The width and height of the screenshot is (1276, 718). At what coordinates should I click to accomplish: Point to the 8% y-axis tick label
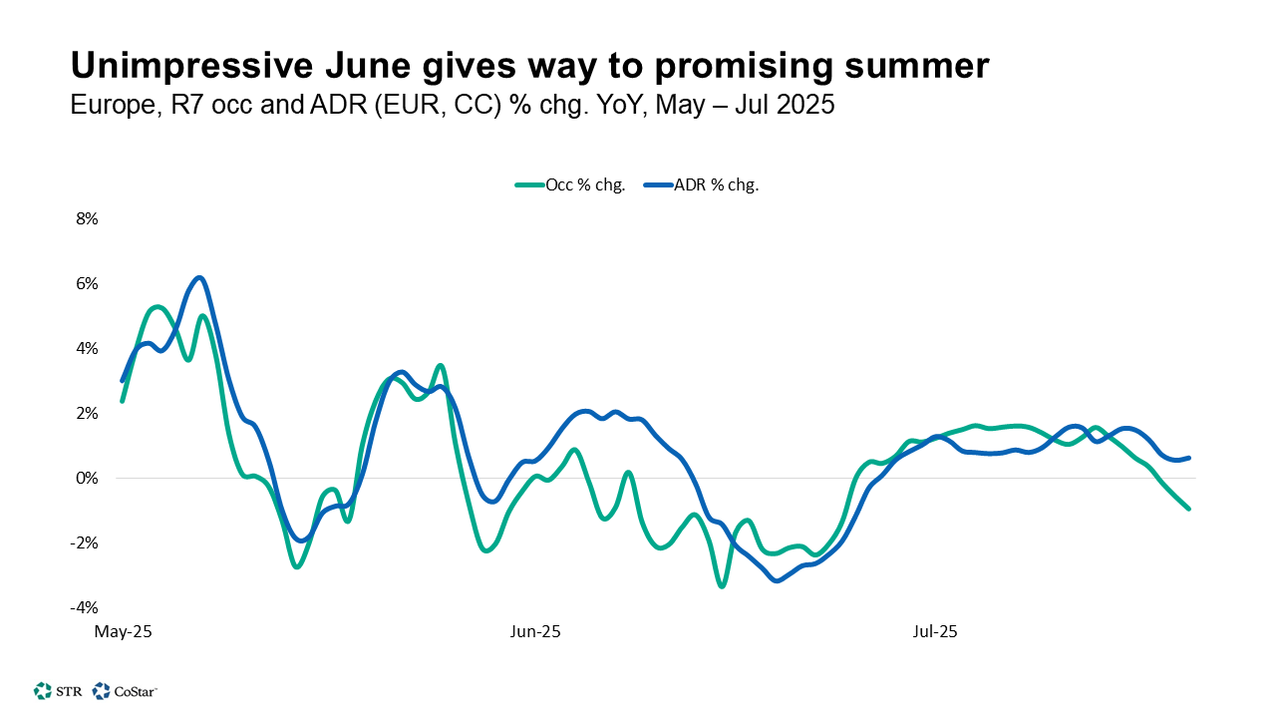pyautogui.click(x=87, y=219)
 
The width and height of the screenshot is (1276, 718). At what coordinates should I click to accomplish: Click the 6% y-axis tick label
pyautogui.click(x=87, y=284)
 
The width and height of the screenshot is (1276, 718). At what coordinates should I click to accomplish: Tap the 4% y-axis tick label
pyautogui.click(x=87, y=349)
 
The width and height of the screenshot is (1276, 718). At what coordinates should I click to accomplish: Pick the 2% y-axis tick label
pyautogui.click(x=87, y=414)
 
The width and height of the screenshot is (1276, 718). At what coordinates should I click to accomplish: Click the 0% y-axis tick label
pyautogui.click(x=87, y=479)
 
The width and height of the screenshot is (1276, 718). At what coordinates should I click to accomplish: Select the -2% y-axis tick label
pyautogui.click(x=85, y=543)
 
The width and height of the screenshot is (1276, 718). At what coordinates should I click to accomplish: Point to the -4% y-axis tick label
pyautogui.click(x=85, y=608)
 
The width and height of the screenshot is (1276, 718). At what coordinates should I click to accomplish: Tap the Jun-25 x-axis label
pyautogui.click(x=535, y=632)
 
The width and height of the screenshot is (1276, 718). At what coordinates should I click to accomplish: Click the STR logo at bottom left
pyautogui.click(x=57, y=690)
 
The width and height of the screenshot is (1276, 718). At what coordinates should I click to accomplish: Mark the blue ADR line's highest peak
pyautogui.click(x=199, y=277)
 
